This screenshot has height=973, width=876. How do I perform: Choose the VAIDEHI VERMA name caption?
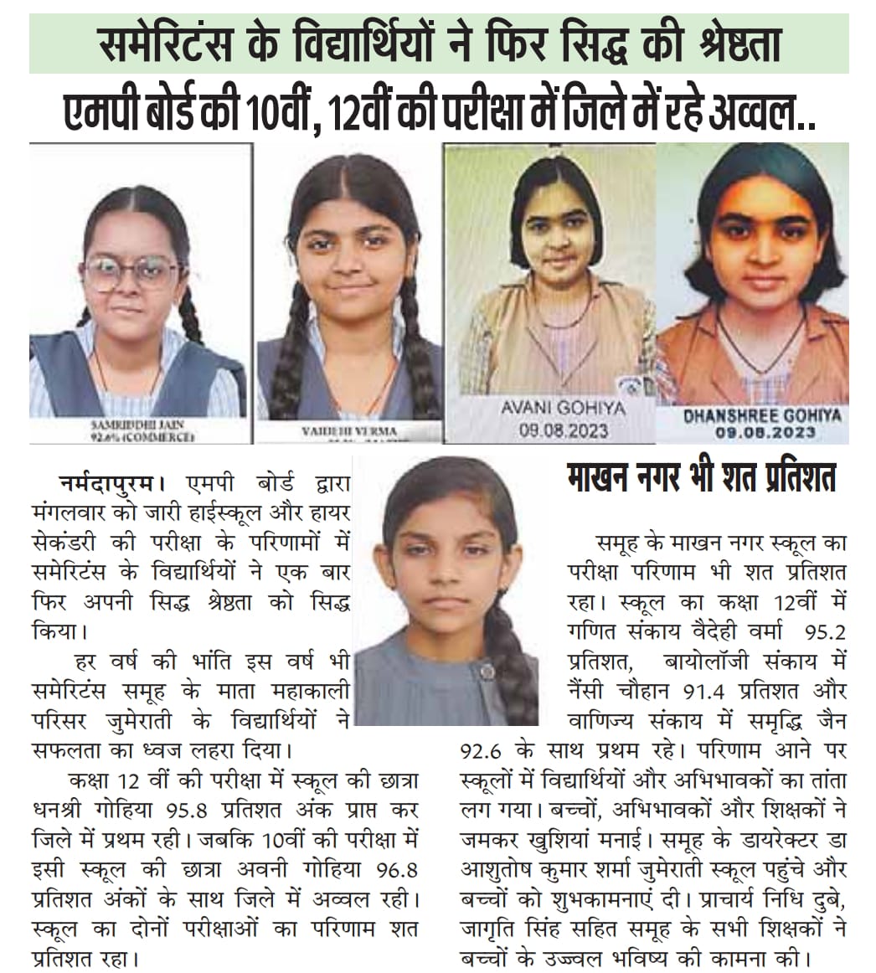pyautogui.click(x=349, y=430)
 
